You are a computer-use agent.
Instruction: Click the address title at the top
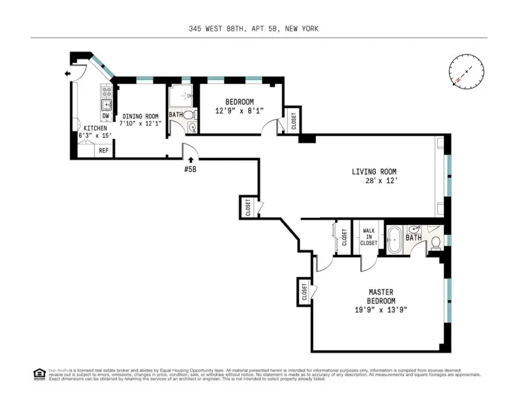click(258, 29)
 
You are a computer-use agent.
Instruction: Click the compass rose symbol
click(466, 71)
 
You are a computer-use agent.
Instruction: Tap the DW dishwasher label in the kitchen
click(105, 116)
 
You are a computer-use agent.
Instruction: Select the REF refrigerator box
click(103, 151)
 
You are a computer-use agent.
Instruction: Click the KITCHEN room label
click(95, 128)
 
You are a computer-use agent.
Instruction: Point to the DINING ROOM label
click(140, 116)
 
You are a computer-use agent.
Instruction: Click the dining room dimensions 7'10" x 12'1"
click(140, 124)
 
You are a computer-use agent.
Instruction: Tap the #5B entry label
click(190, 168)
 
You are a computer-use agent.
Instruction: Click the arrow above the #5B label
click(190, 158)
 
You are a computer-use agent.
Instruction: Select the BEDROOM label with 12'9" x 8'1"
click(240, 102)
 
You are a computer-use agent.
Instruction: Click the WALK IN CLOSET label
click(369, 237)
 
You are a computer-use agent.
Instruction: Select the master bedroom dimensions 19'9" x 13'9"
click(381, 310)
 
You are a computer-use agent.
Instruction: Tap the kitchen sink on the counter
click(106, 103)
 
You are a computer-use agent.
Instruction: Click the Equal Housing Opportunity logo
click(39, 374)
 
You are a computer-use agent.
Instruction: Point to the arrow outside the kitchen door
click(67, 74)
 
